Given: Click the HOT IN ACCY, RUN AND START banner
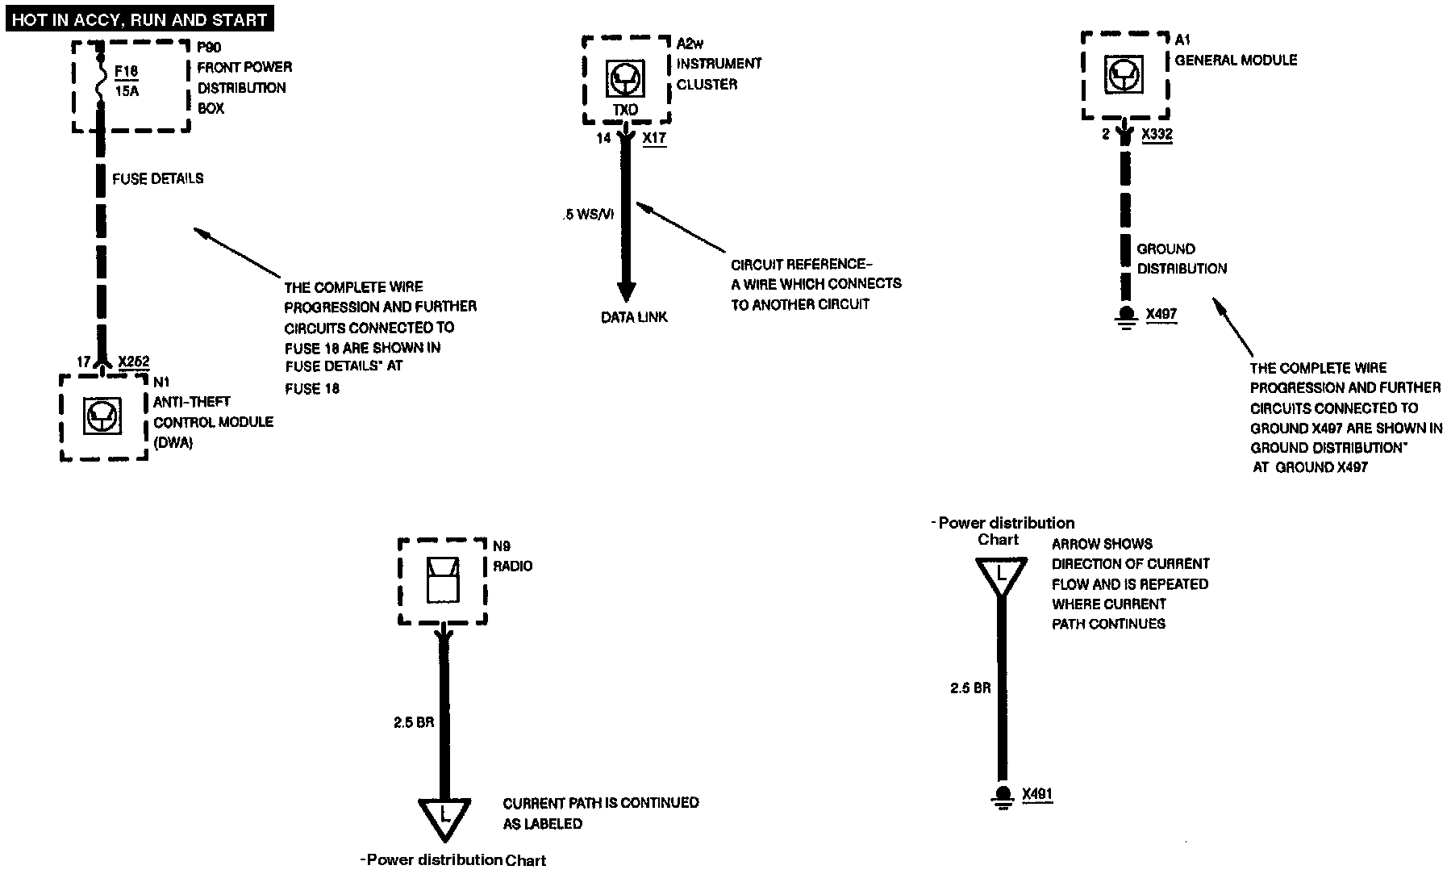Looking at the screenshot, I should click(x=140, y=19).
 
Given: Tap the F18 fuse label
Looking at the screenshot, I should click(x=126, y=71).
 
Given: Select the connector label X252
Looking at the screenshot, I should click(x=134, y=362).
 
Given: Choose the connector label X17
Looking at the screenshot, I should click(x=654, y=138).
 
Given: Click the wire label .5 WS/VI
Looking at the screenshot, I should click(x=589, y=215).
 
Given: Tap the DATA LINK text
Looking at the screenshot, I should click(x=634, y=317).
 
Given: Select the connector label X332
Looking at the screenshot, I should click(x=1157, y=135).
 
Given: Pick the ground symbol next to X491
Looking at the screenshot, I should click(x=1003, y=796).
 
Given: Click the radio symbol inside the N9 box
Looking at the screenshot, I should click(x=442, y=579).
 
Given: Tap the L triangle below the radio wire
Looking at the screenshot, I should click(x=444, y=817).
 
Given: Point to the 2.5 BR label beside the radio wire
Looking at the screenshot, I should click(x=414, y=722).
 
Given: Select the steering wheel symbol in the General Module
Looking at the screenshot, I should click(x=1124, y=76).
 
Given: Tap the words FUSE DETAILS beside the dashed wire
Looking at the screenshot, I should click(x=157, y=178).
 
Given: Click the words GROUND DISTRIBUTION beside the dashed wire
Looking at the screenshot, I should click(x=1182, y=258).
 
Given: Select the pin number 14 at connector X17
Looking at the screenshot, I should click(x=603, y=138).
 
